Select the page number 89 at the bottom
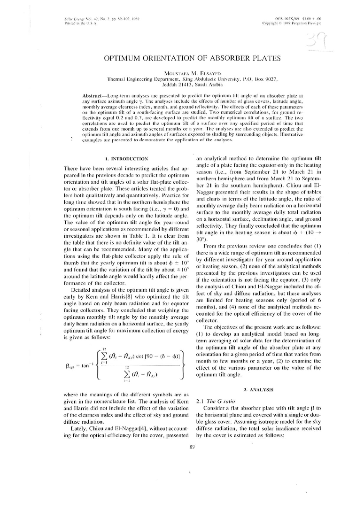click(x=192, y=447)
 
